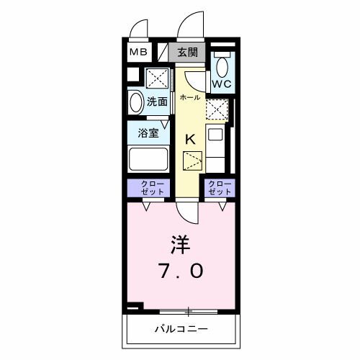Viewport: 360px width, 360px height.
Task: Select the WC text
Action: coord(222,84)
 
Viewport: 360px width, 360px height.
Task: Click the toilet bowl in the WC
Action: coord(222,67)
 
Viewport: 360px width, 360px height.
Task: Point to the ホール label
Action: coord(189,96)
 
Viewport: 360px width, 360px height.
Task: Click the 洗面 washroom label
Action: coord(158,102)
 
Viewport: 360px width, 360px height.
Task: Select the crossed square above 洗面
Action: coord(158,78)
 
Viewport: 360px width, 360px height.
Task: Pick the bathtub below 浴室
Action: coord(148,159)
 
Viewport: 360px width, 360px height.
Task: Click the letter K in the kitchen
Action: coord(191,140)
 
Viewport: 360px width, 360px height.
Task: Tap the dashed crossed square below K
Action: coord(193,160)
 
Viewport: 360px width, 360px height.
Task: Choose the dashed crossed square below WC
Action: coord(216,108)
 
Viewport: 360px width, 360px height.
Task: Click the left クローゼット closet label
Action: coord(149,188)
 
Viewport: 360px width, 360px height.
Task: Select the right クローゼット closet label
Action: coord(220,188)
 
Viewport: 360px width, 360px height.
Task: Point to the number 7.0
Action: coord(180,271)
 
